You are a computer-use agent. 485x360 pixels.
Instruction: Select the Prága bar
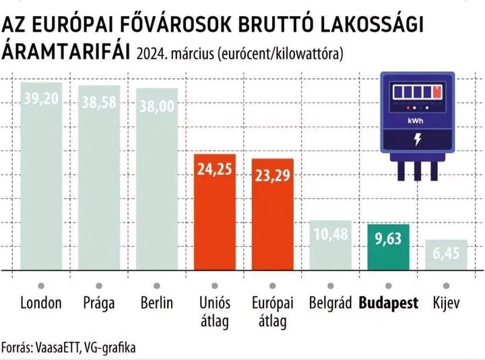(x=99, y=178)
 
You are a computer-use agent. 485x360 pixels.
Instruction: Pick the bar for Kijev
(x=446, y=256)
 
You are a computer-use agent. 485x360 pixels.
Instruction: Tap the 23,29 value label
(x=273, y=173)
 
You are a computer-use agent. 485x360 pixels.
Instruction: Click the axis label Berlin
(x=158, y=303)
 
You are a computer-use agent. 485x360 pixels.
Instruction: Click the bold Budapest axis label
(x=389, y=303)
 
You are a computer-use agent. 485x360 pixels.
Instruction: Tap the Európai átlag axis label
(x=273, y=311)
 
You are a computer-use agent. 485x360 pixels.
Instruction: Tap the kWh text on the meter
(x=416, y=121)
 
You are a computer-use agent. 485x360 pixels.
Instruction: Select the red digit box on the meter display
(x=438, y=91)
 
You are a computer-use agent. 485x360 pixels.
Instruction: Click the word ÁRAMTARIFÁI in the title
(x=66, y=51)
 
